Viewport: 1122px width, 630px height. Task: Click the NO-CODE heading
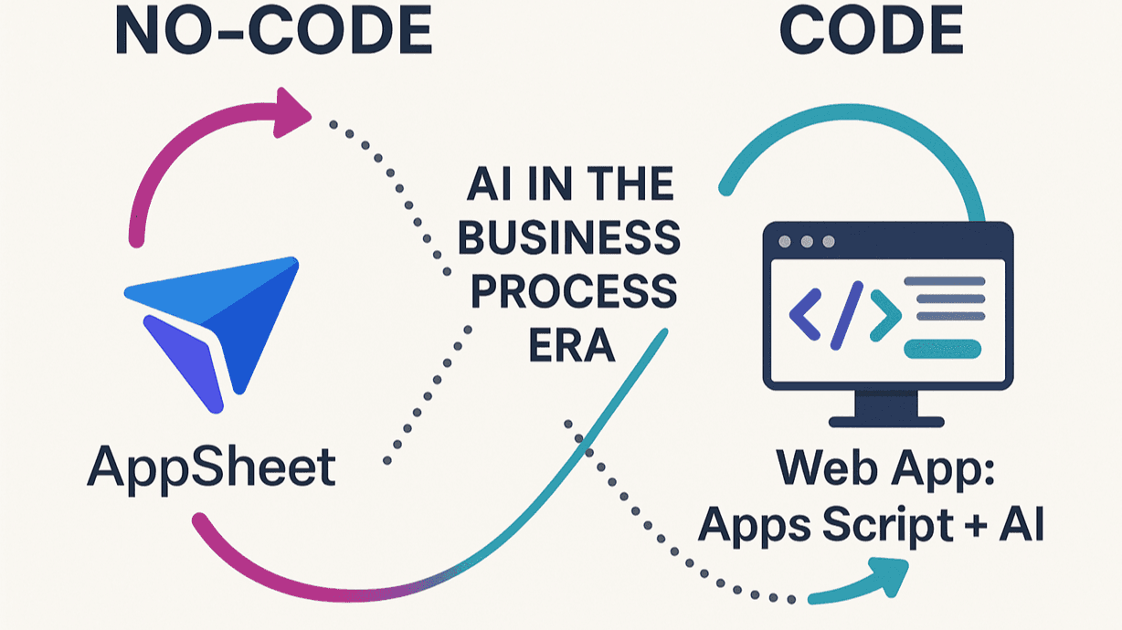273,33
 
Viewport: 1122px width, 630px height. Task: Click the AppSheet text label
211,468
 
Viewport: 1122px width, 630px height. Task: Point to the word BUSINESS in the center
568,238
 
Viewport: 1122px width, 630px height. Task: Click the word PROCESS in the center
568,293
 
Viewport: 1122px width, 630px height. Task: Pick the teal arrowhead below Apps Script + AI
884,574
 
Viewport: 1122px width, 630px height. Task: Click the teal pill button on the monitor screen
942,348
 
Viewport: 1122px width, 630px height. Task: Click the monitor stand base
887,421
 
